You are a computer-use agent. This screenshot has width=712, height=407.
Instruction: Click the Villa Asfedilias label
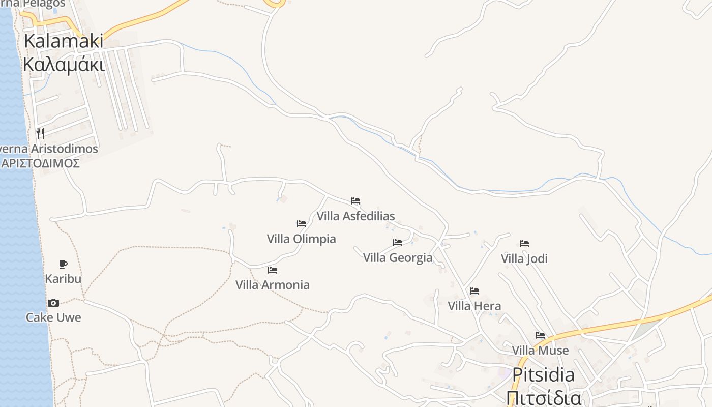coord(355,216)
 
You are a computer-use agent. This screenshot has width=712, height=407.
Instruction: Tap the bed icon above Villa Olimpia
coord(302,224)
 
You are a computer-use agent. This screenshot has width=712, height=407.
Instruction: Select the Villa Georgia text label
coord(398,257)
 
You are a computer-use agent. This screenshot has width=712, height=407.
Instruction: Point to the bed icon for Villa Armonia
coord(273,270)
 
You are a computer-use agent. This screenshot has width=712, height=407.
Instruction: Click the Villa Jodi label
coord(524,258)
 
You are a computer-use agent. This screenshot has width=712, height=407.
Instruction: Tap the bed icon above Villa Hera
coord(474,291)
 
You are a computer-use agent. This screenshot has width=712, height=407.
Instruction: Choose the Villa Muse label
coord(540,350)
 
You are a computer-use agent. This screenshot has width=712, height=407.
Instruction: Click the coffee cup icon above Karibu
coord(63,264)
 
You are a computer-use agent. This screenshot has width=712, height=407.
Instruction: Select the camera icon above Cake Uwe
coord(53,303)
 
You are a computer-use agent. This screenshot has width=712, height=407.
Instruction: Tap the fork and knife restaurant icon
coord(40,134)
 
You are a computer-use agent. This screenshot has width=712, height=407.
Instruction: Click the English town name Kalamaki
coord(64,41)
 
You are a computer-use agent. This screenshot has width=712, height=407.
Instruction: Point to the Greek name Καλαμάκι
coord(64,65)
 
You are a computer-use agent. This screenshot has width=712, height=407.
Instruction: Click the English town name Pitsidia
coord(543,375)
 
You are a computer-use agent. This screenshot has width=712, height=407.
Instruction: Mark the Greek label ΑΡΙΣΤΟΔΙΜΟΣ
coord(40,163)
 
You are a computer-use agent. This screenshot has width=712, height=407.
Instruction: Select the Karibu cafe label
coord(63,279)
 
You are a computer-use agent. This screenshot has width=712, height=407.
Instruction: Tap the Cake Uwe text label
coord(53,317)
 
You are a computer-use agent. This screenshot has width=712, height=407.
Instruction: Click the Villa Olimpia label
coord(302,239)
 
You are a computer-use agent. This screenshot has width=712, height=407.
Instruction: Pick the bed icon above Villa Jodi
coord(524,244)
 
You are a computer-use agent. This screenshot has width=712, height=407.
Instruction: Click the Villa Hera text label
coord(474,306)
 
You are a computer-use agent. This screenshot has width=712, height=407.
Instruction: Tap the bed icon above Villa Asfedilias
coord(355,201)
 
